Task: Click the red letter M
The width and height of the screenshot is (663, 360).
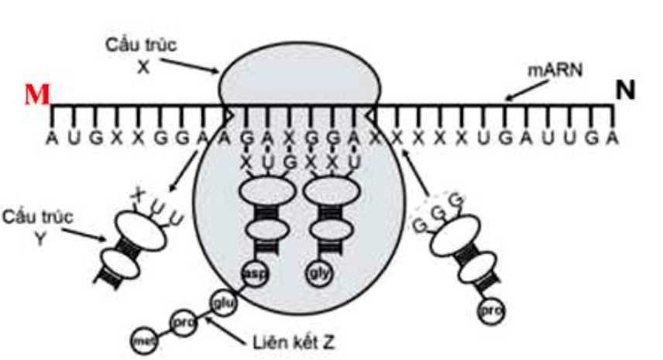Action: (x=36, y=94)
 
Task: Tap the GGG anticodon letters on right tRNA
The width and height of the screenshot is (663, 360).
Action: (x=434, y=211)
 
